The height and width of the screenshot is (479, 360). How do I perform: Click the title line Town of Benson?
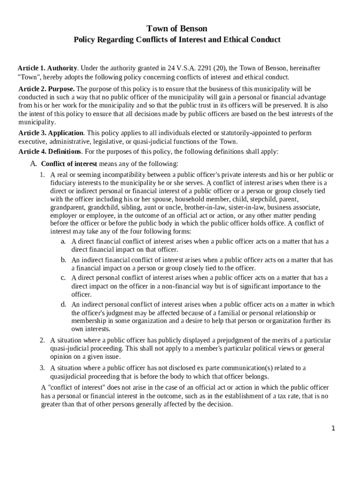(x=177, y=29)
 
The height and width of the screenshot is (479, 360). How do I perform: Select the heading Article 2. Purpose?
(x=46, y=89)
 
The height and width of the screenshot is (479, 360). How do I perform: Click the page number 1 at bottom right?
(x=333, y=428)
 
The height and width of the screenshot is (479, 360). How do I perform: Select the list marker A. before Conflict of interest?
(x=33, y=164)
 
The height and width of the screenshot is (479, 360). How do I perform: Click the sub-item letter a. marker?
(x=63, y=241)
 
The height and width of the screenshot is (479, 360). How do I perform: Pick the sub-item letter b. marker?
(x=63, y=260)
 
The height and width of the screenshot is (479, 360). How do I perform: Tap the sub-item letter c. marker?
(x=63, y=277)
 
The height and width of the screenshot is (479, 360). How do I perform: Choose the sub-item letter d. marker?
(x=63, y=304)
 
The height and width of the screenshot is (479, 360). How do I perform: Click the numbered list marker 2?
(x=42, y=340)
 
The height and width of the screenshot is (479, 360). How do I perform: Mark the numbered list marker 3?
(x=42, y=368)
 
